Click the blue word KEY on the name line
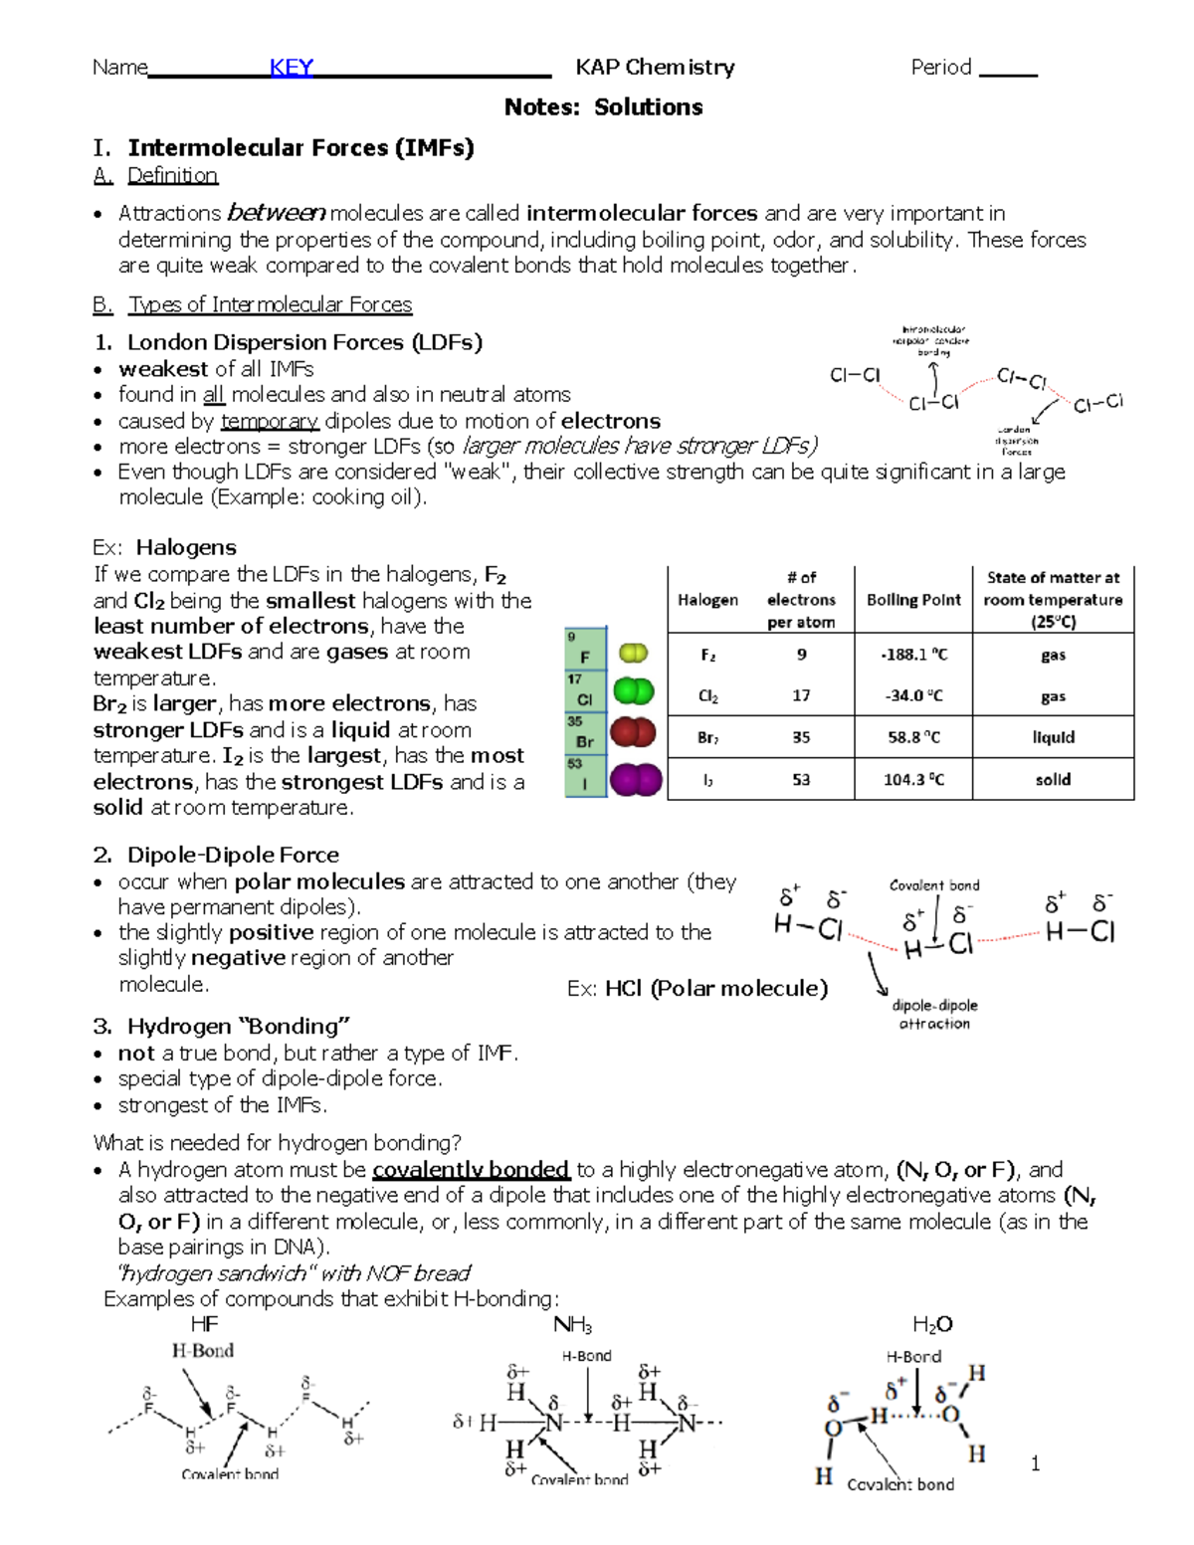(x=292, y=68)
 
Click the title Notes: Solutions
(x=603, y=107)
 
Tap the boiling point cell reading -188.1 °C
(x=913, y=655)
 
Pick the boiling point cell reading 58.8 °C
(x=913, y=737)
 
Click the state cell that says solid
(x=1053, y=779)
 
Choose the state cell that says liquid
(x=1053, y=737)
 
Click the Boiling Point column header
(x=913, y=600)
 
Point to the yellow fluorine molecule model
(x=633, y=653)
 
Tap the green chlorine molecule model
(x=633, y=691)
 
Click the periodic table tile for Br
(x=585, y=734)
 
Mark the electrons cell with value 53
(x=801, y=780)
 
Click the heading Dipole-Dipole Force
(x=233, y=855)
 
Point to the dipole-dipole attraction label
(x=934, y=1014)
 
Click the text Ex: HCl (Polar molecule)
(x=696, y=988)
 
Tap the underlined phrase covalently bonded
(x=471, y=1169)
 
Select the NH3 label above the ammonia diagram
(x=572, y=1325)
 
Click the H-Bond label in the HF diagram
(x=202, y=1350)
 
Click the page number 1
(x=1035, y=1462)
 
